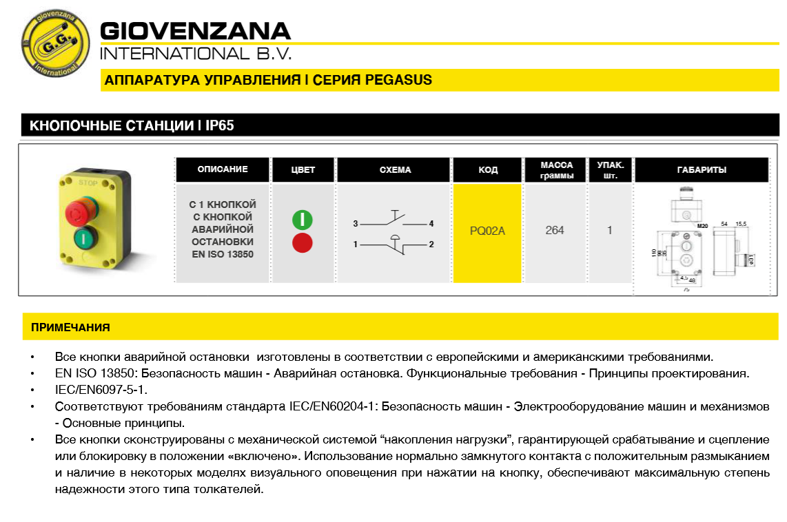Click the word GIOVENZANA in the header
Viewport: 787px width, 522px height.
click(x=196, y=31)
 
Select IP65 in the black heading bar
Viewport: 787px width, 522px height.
click(x=225, y=125)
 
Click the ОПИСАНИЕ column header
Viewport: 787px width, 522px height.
click(x=223, y=169)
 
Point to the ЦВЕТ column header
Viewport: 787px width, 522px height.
click(x=303, y=170)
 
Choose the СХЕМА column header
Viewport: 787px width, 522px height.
click(x=395, y=170)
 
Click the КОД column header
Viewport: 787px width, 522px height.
click(x=488, y=170)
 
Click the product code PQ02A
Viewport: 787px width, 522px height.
click(x=487, y=231)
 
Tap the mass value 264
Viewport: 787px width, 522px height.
click(x=555, y=231)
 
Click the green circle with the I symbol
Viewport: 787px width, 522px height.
click(x=303, y=220)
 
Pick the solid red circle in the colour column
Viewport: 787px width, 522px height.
click(x=303, y=243)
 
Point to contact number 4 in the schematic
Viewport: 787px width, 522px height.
click(x=431, y=224)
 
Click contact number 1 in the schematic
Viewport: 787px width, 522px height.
click(x=356, y=244)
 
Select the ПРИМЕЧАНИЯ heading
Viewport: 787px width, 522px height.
click(x=70, y=327)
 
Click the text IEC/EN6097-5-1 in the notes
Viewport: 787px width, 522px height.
click(x=101, y=389)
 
